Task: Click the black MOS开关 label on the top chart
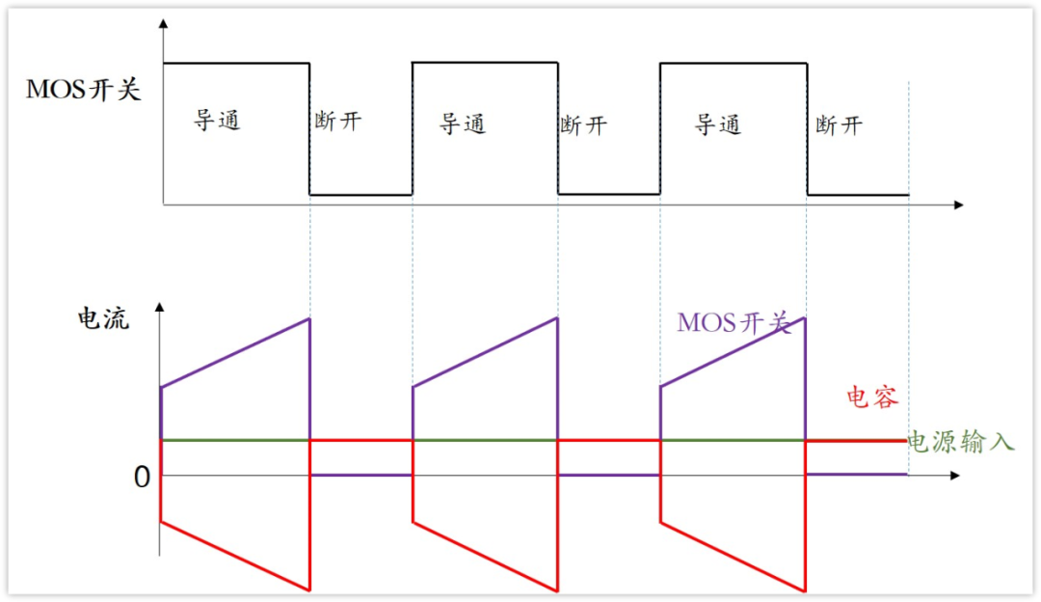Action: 83,91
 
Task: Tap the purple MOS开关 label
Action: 734,322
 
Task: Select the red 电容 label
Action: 872,397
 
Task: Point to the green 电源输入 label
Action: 962,443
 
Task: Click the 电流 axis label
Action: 102,319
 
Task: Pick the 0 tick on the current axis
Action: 142,477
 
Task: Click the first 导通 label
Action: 217,122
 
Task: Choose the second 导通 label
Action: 463,123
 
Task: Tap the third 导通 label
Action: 717,124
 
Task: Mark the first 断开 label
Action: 338,123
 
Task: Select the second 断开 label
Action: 583,125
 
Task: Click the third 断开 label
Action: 839,125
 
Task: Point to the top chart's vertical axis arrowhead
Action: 164,23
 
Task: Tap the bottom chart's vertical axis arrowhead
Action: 160,308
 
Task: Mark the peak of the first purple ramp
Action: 309,318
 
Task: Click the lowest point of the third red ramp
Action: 805,589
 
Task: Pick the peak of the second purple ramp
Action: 557,318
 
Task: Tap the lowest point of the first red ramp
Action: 309,589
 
